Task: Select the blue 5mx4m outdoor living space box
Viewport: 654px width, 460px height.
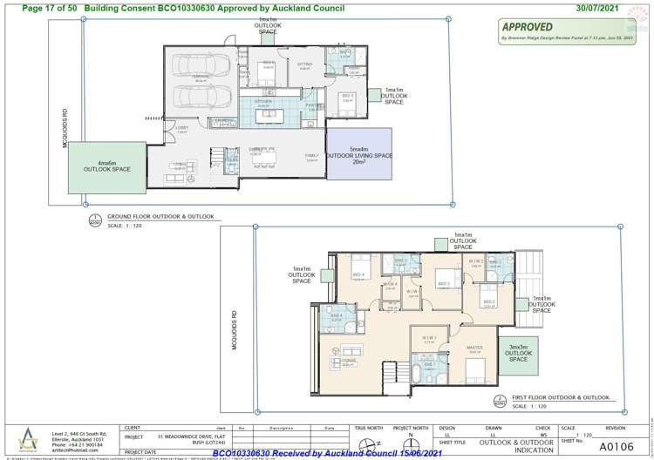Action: [x=358, y=154]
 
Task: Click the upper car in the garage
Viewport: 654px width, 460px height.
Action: [x=201, y=67]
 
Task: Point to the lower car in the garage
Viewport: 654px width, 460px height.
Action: [x=201, y=96]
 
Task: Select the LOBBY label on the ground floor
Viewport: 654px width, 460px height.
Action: [x=181, y=128]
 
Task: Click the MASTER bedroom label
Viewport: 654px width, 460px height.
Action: [x=474, y=348]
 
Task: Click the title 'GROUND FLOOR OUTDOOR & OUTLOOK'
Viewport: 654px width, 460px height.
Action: [x=160, y=216]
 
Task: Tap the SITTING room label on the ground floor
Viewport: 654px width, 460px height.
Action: [x=304, y=64]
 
